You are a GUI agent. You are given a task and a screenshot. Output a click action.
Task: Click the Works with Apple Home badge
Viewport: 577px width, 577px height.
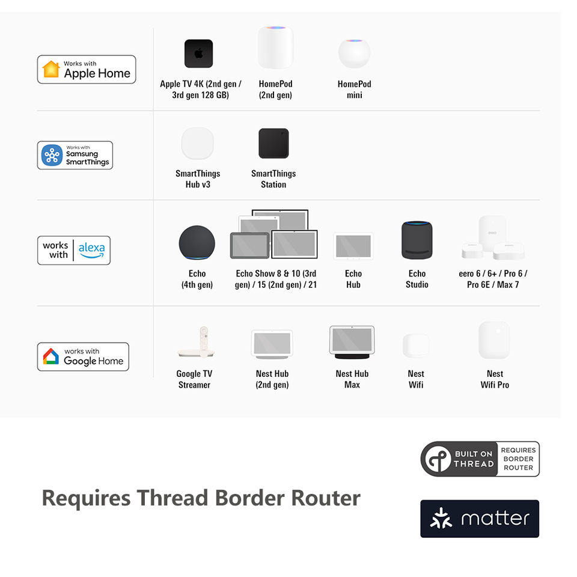(87, 69)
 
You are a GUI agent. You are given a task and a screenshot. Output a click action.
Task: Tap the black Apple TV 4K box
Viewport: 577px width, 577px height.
(198, 53)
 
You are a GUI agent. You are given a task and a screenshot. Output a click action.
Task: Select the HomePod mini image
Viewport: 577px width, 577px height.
(354, 53)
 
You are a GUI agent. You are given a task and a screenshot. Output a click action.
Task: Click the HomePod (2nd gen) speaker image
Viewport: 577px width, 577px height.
(275, 47)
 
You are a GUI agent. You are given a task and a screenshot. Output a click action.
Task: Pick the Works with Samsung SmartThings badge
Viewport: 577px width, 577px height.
(75, 155)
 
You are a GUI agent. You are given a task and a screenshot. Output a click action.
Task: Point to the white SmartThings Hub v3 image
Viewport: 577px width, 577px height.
(198, 143)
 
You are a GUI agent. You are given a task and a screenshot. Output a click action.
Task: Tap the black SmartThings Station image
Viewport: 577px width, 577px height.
(273, 144)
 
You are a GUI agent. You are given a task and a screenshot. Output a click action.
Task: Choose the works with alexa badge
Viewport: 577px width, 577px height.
(74, 250)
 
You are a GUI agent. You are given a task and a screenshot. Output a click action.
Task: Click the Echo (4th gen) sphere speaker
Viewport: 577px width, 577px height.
(197, 243)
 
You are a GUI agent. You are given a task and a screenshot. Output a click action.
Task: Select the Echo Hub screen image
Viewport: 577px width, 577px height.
(353, 246)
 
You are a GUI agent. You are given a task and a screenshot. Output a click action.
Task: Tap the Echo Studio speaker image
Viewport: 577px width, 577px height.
(417, 240)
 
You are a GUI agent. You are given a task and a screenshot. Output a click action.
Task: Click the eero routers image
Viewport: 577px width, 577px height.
(492, 239)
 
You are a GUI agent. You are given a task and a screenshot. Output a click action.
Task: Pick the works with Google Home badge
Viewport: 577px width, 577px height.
(83, 356)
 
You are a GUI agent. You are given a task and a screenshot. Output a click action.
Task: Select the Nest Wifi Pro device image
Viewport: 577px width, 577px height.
(493, 340)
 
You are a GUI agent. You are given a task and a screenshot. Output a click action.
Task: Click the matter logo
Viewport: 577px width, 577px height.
(480, 518)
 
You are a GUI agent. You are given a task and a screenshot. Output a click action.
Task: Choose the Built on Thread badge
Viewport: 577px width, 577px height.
(480, 459)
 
